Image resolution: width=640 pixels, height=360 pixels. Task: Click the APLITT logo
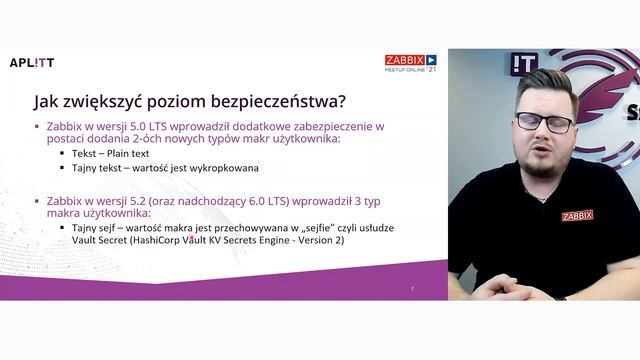[32, 62]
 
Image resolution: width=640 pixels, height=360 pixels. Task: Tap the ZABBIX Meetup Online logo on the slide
[411, 63]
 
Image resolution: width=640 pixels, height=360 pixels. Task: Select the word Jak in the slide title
[46, 101]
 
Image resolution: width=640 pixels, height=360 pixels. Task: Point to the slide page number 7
[412, 289]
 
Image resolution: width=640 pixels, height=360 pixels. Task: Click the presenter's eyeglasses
[545, 123]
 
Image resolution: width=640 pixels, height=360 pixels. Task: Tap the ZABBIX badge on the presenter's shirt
[577, 215]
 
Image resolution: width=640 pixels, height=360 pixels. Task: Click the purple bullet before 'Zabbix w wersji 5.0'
[37, 127]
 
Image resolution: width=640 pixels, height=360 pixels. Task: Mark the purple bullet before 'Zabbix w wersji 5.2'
[37, 201]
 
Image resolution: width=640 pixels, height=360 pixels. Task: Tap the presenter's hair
[545, 84]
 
